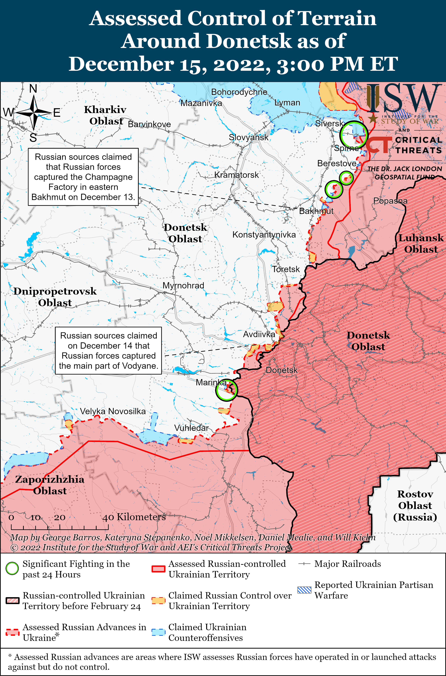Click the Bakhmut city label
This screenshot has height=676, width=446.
point(316,211)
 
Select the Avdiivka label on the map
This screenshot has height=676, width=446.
point(259,334)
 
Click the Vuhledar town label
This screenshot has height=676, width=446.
point(191,428)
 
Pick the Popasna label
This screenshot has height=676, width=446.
point(390,201)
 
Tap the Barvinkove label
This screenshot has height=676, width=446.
point(149,124)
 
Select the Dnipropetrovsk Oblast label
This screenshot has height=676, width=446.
point(55,297)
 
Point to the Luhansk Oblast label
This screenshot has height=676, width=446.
point(421,243)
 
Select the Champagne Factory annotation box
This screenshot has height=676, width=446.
point(83,177)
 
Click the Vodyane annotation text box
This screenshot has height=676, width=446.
point(108,351)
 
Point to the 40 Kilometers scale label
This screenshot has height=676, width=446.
point(134,517)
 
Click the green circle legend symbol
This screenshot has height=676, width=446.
point(12,569)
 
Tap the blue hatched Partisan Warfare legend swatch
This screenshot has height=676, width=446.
point(304,590)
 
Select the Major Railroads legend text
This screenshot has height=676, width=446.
point(347,564)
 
